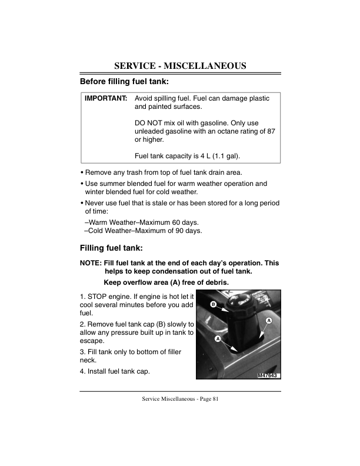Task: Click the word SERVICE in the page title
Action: [x=138, y=65]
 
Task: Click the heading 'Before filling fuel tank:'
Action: [x=124, y=81]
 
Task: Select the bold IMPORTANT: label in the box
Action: [x=106, y=98]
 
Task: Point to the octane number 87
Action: [x=271, y=131]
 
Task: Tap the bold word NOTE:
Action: [x=90, y=262]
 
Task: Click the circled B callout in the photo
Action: [x=214, y=304]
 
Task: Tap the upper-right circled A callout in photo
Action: [x=268, y=320]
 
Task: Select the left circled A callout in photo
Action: [x=217, y=339]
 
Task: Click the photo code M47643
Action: [x=268, y=375]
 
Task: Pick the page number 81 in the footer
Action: [x=215, y=400]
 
